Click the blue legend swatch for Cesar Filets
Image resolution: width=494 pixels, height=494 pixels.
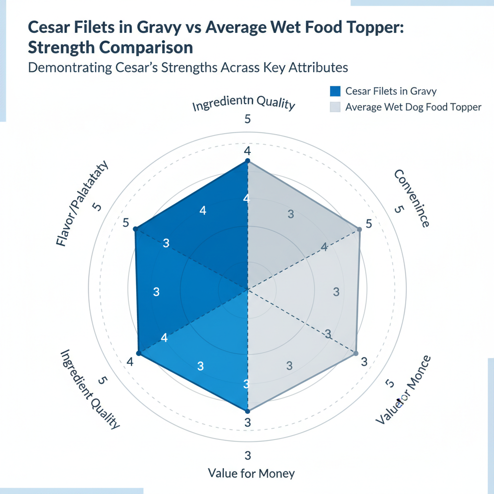click(x=335, y=91)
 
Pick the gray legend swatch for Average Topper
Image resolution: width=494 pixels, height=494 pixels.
click(x=335, y=107)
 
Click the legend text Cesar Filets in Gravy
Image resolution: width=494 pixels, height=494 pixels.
click(x=391, y=91)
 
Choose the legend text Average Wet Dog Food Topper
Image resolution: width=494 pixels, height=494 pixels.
click(x=413, y=107)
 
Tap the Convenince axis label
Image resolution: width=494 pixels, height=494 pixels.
click(x=412, y=198)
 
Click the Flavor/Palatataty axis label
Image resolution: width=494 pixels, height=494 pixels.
click(x=82, y=205)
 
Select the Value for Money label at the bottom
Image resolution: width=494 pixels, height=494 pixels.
click(x=251, y=473)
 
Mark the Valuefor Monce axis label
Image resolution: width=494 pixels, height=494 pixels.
click(x=403, y=390)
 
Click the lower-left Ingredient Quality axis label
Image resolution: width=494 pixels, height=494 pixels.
click(x=90, y=389)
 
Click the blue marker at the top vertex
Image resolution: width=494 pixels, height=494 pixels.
click(x=247, y=161)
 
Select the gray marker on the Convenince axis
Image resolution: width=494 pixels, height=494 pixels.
click(x=359, y=229)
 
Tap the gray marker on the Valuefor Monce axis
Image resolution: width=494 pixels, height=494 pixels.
click(x=356, y=353)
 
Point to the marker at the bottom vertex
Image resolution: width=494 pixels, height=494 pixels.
click(x=247, y=411)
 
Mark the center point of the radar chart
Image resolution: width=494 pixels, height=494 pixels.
click(x=247, y=290)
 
